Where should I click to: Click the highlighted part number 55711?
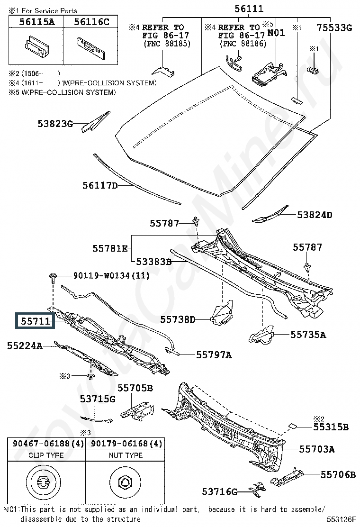(35, 321)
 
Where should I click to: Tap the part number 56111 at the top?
(249, 9)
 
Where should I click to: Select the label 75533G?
(334, 27)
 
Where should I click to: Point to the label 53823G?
(55, 124)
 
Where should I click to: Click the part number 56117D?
(100, 185)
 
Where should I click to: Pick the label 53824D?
(315, 215)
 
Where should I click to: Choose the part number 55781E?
(110, 248)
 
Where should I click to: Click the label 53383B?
(154, 262)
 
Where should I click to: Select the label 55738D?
(178, 319)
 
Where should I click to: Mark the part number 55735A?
(308, 335)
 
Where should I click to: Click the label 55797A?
(214, 355)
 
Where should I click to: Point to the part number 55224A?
(25, 345)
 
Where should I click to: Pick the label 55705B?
(135, 388)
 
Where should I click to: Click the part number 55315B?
(331, 427)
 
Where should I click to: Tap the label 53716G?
(220, 492)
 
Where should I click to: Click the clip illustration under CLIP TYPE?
(43, 482)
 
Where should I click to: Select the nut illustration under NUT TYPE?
(125, 482)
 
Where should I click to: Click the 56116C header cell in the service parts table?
(91, 22)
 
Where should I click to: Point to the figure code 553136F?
(341, 519)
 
